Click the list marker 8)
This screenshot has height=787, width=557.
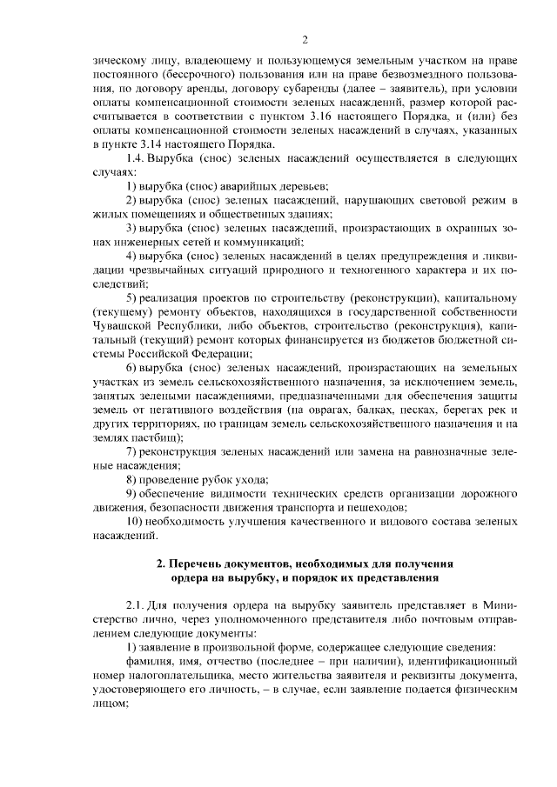(x=133, y=479)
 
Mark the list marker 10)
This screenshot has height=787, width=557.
(x=137, y=521)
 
